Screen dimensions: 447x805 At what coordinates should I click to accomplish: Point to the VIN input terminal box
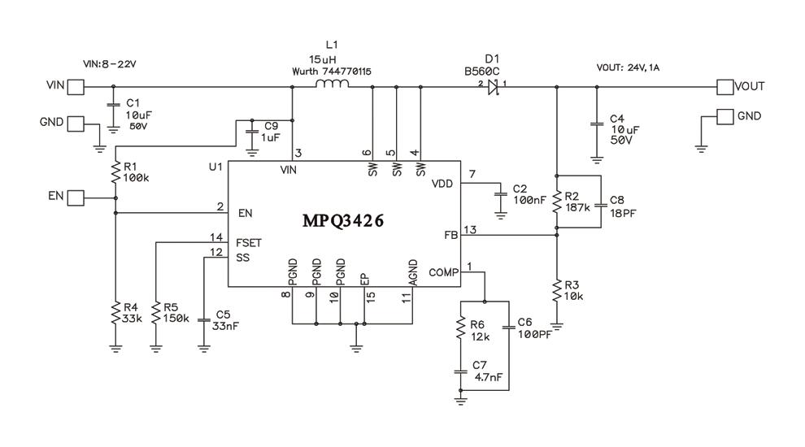(x=75, y=85)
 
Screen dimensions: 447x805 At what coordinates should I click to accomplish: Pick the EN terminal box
(x=75, y=197)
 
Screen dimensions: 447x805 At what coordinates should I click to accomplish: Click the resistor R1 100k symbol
(x=115, y=171)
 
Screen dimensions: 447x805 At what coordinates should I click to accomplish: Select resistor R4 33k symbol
(x=115, y=313)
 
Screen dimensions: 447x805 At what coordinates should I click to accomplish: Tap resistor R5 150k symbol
(x=154, y=313)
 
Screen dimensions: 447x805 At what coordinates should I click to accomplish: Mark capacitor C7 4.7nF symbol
(x=461, y=373)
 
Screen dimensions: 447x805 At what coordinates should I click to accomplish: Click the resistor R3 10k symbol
(x=557, y=290)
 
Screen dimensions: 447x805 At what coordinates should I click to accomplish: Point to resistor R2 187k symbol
(x=557, y=202)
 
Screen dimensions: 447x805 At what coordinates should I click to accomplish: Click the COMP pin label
(x=443, y=273)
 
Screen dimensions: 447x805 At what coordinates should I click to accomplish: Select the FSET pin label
(x=247, y=242)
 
